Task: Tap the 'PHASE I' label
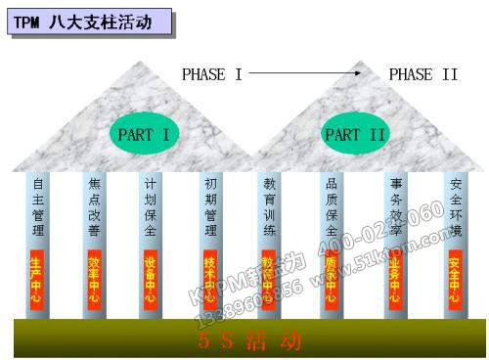point(211,74)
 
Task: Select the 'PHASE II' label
point(423,74)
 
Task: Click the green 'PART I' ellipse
point(144,134)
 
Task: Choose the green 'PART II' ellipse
point(355,134)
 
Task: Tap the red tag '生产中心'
point(38,279)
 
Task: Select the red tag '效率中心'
point(95,279)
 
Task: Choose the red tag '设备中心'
point(151,279)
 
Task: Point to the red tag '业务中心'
point(396,279)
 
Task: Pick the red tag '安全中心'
point(455,279)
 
